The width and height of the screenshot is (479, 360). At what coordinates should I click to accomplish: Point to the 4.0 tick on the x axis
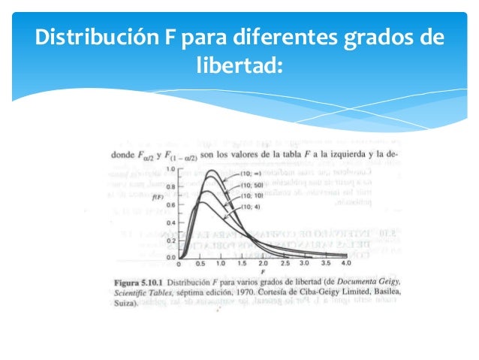click(345, 265)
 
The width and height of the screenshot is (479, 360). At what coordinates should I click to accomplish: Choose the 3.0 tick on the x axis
click(304, 265)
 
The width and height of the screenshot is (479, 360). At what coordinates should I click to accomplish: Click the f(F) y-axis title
click(158, 197)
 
